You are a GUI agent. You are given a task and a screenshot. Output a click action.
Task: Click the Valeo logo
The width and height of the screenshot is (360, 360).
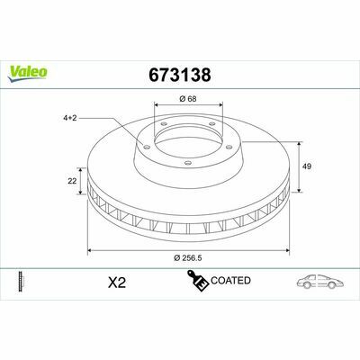[28, 74]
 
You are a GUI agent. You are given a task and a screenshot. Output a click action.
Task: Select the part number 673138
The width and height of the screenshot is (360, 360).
[180, 75]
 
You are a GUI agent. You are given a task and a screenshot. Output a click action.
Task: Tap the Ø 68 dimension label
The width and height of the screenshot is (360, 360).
[188, 98]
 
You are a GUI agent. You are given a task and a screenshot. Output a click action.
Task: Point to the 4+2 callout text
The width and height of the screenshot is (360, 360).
[70, 118]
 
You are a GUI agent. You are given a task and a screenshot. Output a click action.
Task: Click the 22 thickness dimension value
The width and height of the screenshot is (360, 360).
[72, 181]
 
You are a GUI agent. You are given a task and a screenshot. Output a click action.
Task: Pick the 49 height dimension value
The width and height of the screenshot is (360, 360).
[307, 166]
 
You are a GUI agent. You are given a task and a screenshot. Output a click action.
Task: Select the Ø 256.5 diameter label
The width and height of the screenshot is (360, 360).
[188, 257]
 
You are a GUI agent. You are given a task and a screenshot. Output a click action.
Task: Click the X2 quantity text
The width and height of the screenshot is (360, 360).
[117, 283]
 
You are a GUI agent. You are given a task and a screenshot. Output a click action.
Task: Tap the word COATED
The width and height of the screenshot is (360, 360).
[230, 281]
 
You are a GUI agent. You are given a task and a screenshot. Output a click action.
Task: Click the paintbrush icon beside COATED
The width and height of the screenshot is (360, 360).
[198, 281]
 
